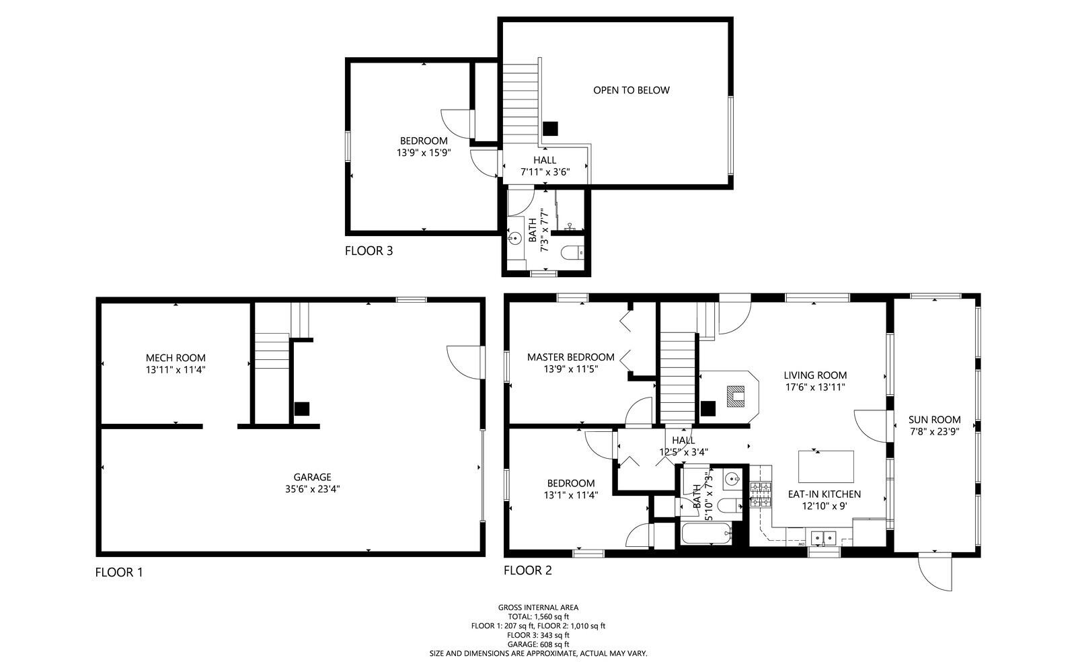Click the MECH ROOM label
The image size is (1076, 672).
pyautogui.click(x=176, y=358)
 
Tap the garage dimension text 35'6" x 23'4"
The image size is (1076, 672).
pyautogui.click(x=312, y=490)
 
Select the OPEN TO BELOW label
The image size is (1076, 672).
pyautogui.click(x=631, y=90)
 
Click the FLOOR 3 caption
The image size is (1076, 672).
pyautogui.click(x=369, y=252)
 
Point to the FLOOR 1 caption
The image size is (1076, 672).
pyautogui.click(x=119, y=573)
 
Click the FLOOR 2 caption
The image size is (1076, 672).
pyautogui.click(x=528, y=571)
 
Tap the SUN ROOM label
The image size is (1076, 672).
pyautogui.click(x=934, y=420)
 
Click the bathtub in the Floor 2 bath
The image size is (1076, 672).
pyautogui.click(x=706, y=535)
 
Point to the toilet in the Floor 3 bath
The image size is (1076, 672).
pyautogui.click(x=572, y=253)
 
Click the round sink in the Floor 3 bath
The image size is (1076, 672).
pyautogui.click(x=515, y=238)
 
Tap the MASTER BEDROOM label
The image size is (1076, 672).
pyautogui.click(x=570, y=357)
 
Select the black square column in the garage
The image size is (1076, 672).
pyautogui.click(x=301, y=408)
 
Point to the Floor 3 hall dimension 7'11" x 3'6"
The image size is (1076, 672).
pyautogui.click(x=545, y=172)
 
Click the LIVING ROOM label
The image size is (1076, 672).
pyautogui.click(x=815, y=375)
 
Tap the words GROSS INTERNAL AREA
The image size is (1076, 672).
pyautogui.click(x=538, y=607)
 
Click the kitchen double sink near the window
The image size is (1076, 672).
pyautogui.click(x=824, y=537)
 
